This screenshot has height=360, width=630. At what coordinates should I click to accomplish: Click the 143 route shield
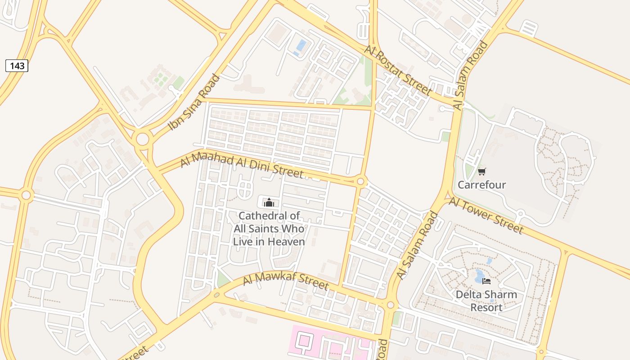pyautogui.click(x=17, y=66)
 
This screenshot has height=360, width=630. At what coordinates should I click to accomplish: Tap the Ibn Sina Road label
pyautogui.click(x=194, y=103)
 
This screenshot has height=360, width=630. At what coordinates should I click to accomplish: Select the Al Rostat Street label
pyautogui.click(x=399, y=70)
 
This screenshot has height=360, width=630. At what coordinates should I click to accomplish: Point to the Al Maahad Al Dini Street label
pyautogui.click(x=242, y=166)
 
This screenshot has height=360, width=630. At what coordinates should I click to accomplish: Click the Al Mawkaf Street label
pyautogui.click(x=286, y=280)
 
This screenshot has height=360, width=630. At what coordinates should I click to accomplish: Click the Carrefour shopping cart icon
pyautogui.click(x=481, y=171)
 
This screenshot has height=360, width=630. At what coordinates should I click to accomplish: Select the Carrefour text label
pyautogui.click(x=481, y=185)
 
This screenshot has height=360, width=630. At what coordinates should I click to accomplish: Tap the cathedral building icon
pyautogui.click(x=269, y=202)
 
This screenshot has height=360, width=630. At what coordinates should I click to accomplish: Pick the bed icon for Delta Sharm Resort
pyautogui.click(x=486, y=281)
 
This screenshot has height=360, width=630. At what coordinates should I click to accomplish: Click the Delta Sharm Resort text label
pyautogui.click(x=486, y=301)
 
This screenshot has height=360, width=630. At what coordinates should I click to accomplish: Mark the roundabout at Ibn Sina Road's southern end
pyautogui.click(x=143, y=139)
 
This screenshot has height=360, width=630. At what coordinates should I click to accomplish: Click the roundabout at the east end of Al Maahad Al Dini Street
pyautogui.click(x=360, y=181)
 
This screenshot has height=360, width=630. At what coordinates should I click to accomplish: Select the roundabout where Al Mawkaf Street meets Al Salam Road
pyautogui.click(x=390, y=305)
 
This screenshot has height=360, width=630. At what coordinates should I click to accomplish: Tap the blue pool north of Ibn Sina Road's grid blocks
pyautogui.click(x=301, y=46)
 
